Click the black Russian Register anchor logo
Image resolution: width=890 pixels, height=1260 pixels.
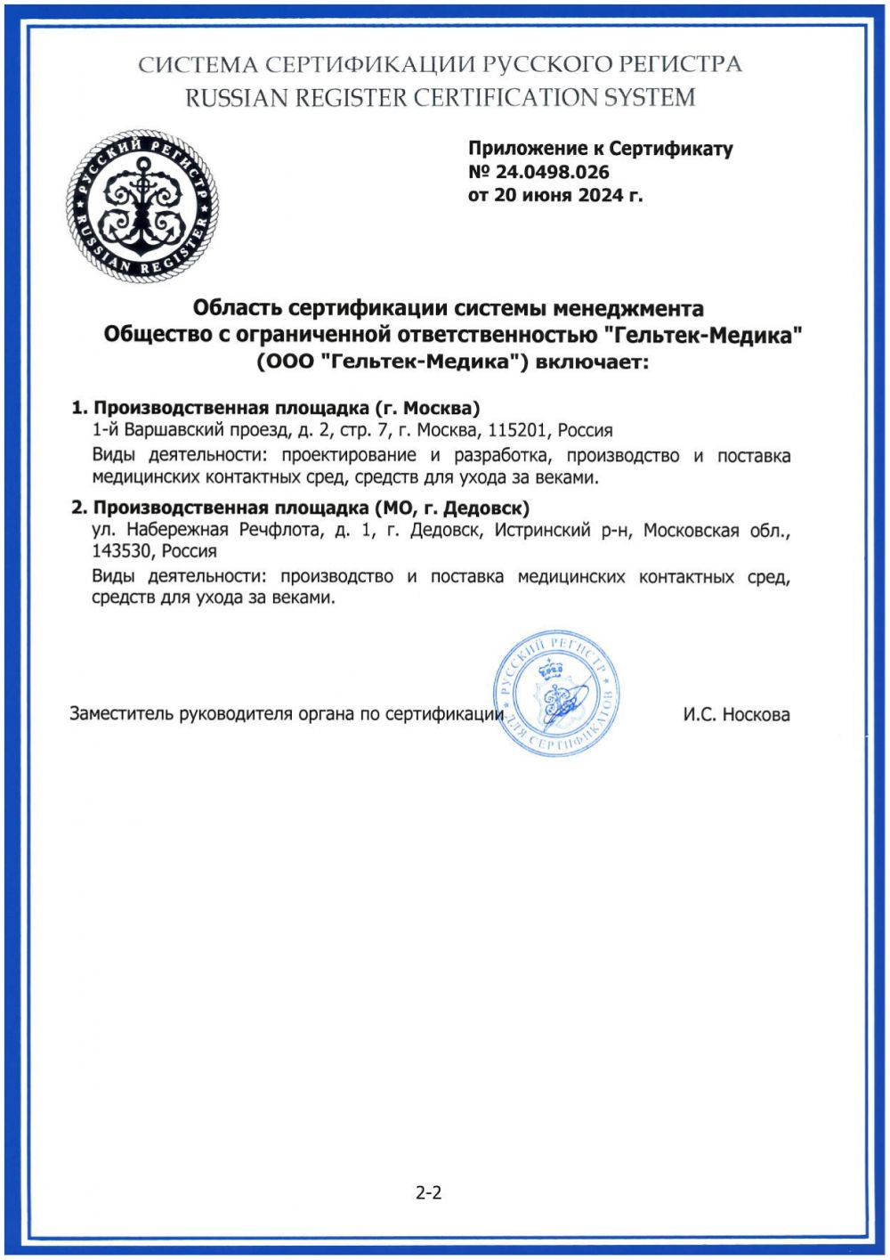(142, 206)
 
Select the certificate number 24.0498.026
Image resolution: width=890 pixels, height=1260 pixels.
(552, 172)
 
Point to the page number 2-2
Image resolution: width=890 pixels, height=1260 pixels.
(428, 1192)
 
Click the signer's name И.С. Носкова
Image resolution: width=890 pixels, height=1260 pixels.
(736, 714)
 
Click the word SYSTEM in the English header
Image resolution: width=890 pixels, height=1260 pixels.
(650, 97)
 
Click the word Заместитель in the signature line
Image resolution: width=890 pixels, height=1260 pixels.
(121, 714)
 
